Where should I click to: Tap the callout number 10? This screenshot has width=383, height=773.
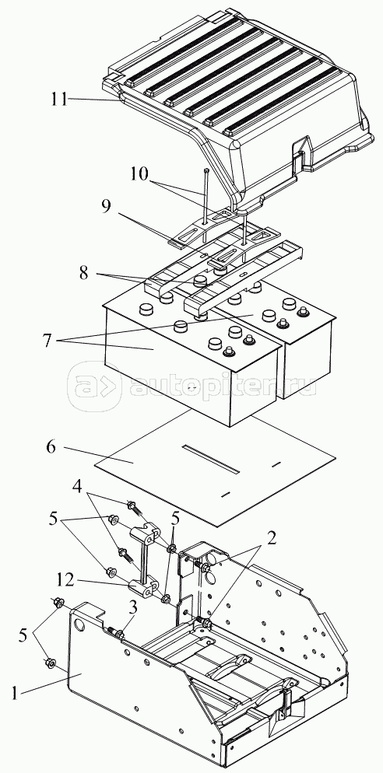(140, 174)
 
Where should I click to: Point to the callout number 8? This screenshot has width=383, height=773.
(84, 273)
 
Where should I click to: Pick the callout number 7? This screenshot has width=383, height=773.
(47, 341)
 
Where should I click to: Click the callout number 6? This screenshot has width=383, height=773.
(51, 447)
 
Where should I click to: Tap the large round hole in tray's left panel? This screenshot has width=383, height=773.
(80, 625)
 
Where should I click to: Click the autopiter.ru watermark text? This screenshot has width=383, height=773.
(222, 386)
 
